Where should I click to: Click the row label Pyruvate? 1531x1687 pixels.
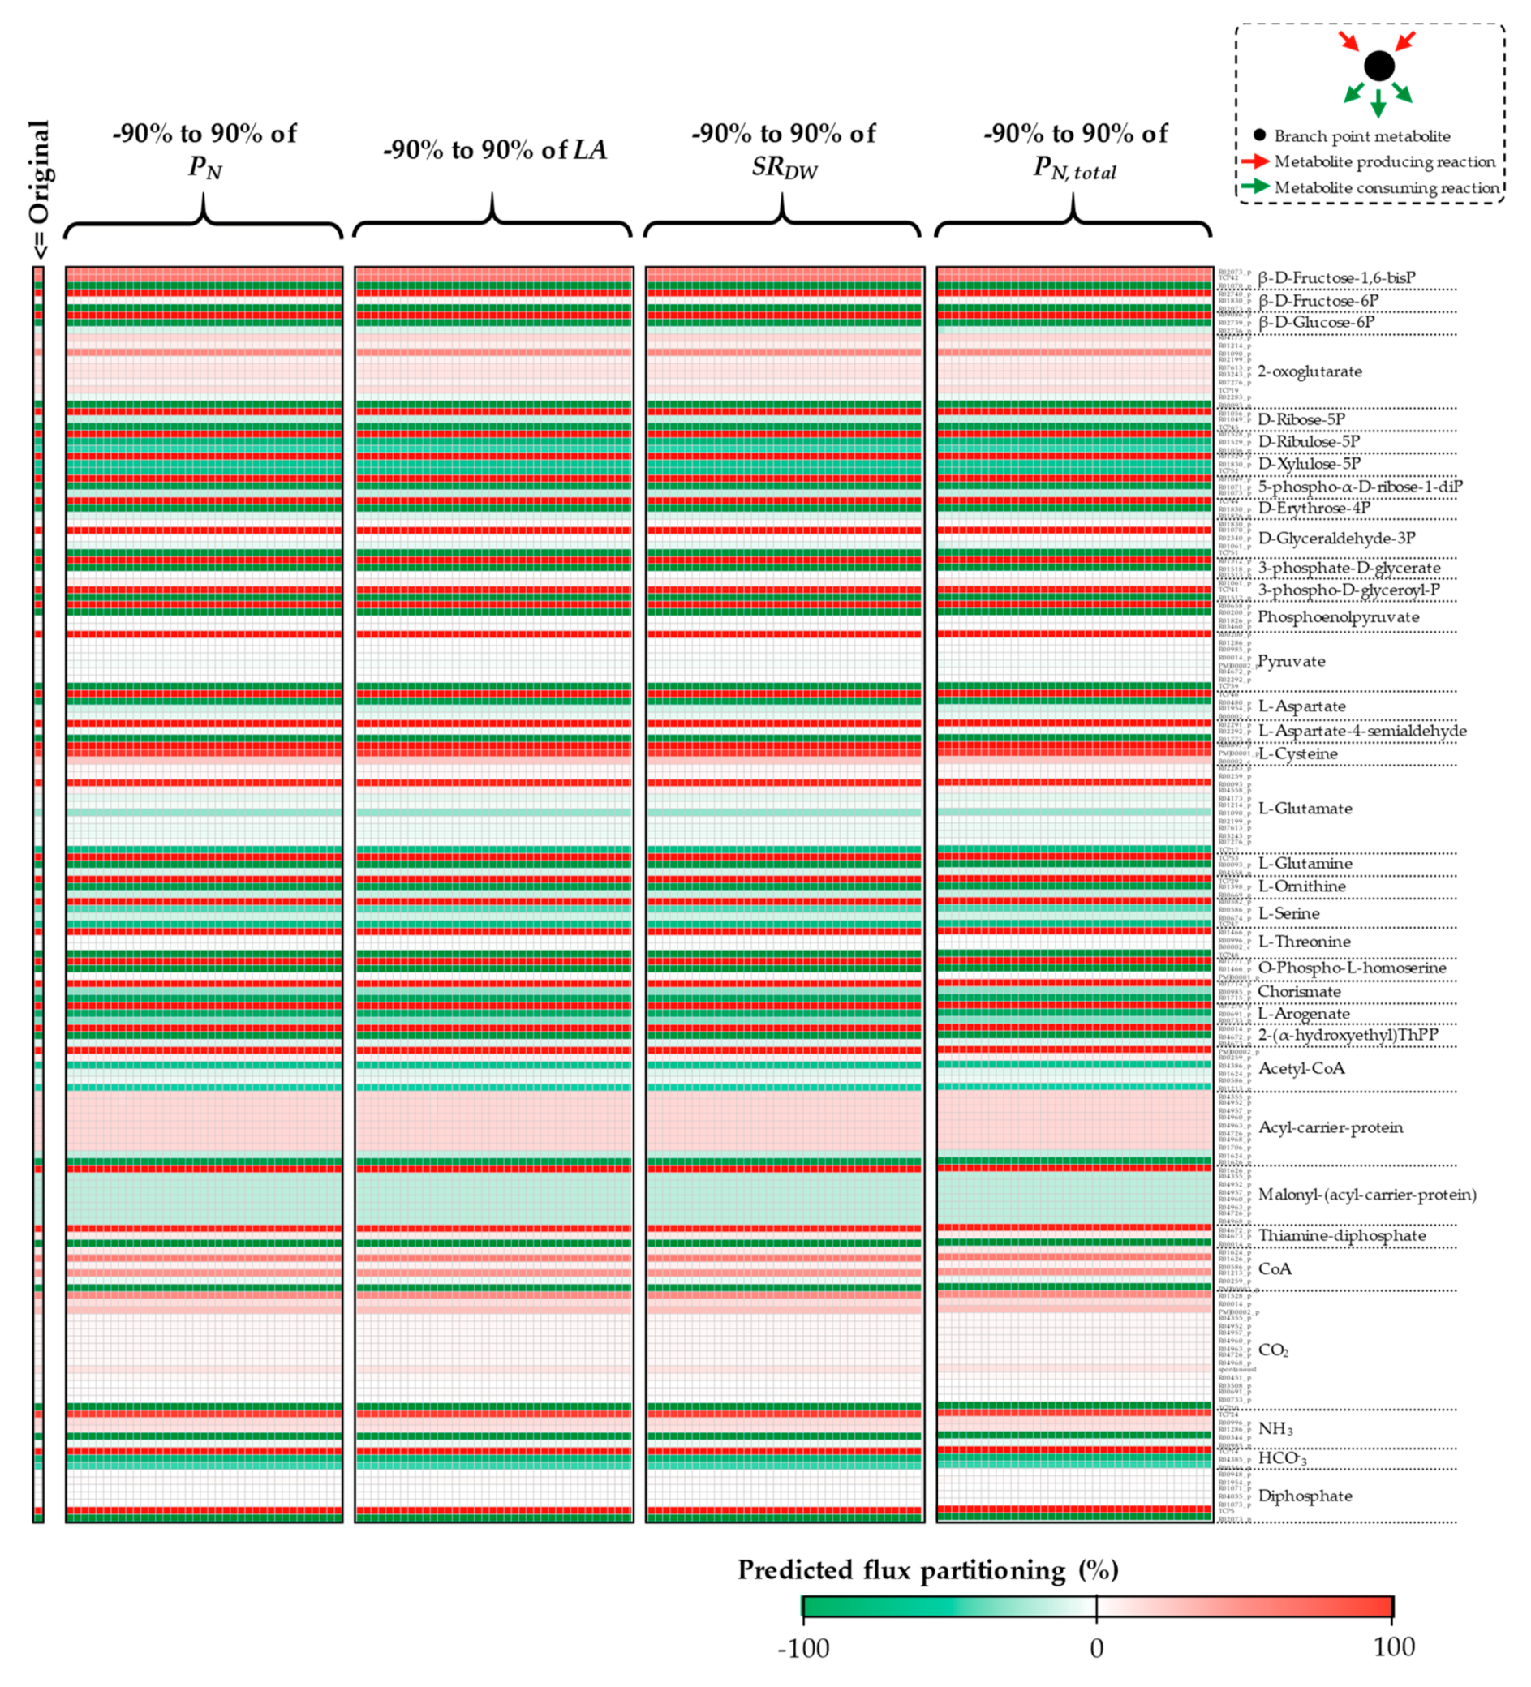[x=1291, y=661]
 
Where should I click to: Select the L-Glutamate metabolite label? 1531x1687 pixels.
[x=1305, y=809]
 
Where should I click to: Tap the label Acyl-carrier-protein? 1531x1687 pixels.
[x=1330, y=1127]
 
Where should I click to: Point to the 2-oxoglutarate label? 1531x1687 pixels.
[x=1310, y=371]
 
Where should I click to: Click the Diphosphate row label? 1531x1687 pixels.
[x=1305, y=1496]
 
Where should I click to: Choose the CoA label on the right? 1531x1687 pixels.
[x=1274, y=1268]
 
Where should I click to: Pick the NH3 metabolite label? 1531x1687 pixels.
[x=1275, y=1428]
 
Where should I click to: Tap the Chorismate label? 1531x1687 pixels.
[x=1300, y=992]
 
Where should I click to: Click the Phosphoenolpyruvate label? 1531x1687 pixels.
[x=1339, y=616]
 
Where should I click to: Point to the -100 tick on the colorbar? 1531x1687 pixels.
[x=802, y=1648]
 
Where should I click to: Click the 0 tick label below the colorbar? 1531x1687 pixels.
[x=1096, y=1648]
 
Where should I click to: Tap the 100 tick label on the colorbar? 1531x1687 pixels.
[x=1394, y=1646]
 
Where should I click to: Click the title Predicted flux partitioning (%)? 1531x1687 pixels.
[x=927, y=1570]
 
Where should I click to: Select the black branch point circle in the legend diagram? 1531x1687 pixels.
[x=1378, y=65]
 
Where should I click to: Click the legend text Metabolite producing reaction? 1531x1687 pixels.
[x=1383, y=161]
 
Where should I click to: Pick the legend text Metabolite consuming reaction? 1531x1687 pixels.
[x=1387, y=187]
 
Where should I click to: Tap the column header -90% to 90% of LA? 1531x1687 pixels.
[x=494, y=150]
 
